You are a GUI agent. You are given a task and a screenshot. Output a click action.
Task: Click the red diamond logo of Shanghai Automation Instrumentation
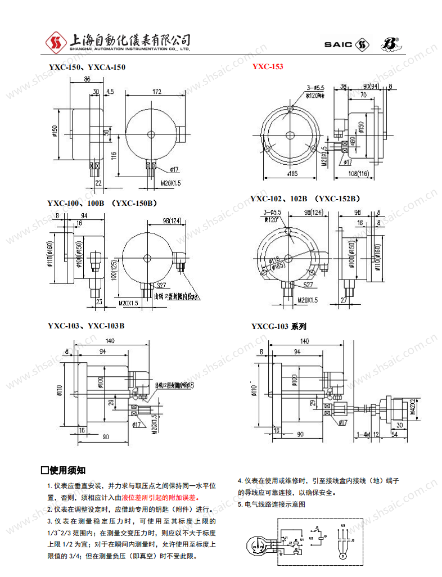click(x=56, y=42)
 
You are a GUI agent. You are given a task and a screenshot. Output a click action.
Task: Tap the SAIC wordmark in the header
click(x=337, y=44)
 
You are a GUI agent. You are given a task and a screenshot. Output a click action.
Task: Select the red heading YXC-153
click(x=268, y=67)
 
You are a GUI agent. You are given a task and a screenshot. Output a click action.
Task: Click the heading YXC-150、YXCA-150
click(x=87, y=67)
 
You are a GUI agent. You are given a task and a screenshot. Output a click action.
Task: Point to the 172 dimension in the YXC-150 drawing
click(x=157, y=91)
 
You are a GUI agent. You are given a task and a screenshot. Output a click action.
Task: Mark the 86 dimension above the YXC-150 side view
click(x=87, y=80)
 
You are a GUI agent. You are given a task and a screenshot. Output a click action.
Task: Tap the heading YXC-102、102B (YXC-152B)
click(x=304, y=199)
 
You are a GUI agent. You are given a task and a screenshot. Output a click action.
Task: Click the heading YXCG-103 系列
click(x=278, y=326)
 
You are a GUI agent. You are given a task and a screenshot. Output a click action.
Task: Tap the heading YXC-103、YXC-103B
click(x=86, y=326)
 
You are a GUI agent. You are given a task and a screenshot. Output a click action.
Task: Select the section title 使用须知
click(x=64, y=470)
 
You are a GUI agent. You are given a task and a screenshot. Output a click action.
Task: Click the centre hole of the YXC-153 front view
click(x=290, y=136)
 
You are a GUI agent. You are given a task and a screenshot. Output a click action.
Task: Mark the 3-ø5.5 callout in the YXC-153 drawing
click(x=315, y=88)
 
